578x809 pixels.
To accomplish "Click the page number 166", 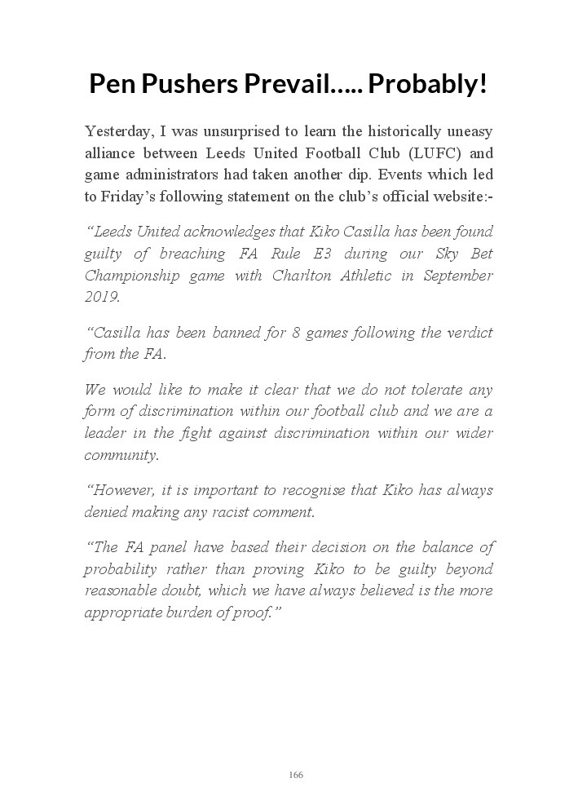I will pos(296,775).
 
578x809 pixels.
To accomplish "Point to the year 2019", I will pos(101,297).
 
